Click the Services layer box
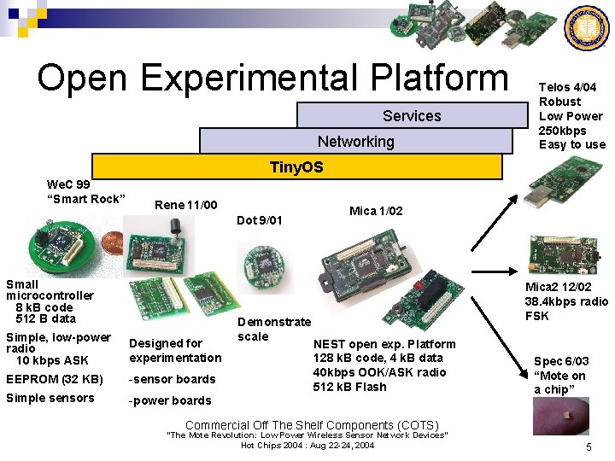(412, 115)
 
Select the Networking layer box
(356, 141)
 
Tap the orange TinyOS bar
(296, 166)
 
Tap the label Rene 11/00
(186, 205)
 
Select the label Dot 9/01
(259, 220)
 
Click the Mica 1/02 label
(377, 211)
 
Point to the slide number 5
(589, 447)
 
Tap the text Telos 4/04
(567, 87)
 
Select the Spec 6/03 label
(561, 361)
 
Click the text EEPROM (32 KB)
(55, 378)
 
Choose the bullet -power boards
(170, 400)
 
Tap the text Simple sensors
(50, 398)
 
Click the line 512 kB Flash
(349, 387)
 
